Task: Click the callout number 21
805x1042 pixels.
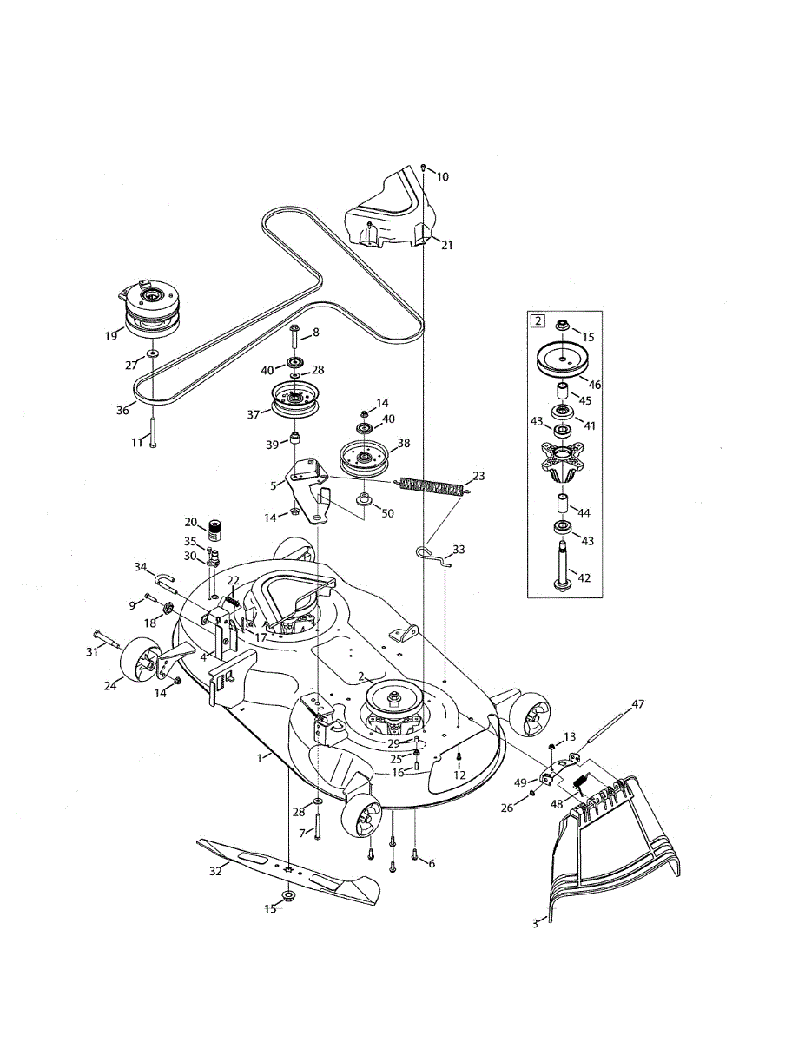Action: (x=447, y=245)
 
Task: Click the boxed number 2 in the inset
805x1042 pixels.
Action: (x=538, y=321)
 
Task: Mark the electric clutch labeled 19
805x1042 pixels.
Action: (x=150, y=311)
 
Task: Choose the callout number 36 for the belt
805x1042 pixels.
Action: (x=124, y=410)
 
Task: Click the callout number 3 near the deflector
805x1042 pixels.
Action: (x=535, y=925)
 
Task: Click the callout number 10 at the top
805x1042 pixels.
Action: (x=443, y=176)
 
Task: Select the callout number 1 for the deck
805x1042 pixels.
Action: (x=259, y=758)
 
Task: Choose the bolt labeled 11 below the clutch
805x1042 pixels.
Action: (x=152, y=431)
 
